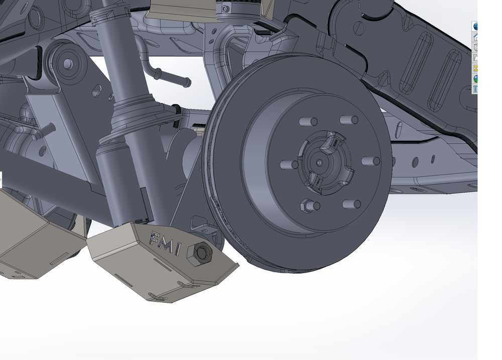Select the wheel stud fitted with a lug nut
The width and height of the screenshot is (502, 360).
pos(306,205)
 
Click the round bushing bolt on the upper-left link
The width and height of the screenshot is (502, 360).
pos(65,64)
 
